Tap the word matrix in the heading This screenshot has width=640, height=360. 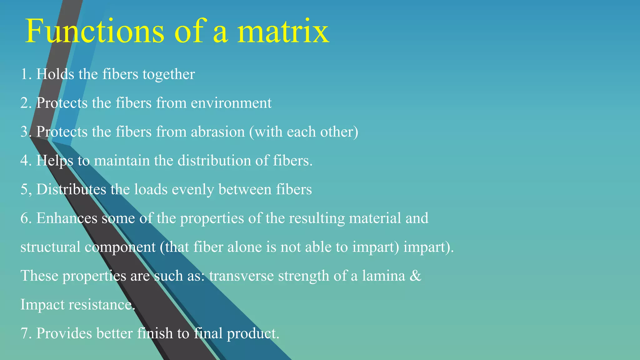tap(283, 31)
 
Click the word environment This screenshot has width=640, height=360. tap(231, 103)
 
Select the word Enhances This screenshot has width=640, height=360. tap(67, 218)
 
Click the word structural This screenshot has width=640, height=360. tap(50, 247)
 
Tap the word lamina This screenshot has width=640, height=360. tap(383, 276)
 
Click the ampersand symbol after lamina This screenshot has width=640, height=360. tap(415, 276)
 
